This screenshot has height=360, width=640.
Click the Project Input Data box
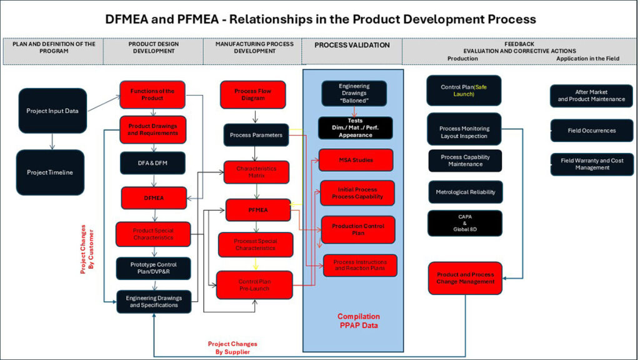tap(52, 111)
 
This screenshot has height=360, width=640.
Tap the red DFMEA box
tap(153, 197)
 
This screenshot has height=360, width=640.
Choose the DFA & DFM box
tap(152, 163)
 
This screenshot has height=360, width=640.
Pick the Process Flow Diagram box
tap(252, 95)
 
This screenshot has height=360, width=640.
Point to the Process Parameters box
tap(256, 134)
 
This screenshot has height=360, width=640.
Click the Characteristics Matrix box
tap(256, 172)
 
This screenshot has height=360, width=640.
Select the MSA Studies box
tap(356, 160)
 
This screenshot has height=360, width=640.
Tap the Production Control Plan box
tap(358, 229)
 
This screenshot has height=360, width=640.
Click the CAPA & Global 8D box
tap(465, 223)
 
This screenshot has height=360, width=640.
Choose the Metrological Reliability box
tap(465, 192)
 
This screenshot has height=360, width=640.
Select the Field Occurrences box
tap(591, 131)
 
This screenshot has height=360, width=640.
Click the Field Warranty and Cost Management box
tap(591, 164)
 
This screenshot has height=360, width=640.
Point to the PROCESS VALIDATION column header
tap(352, 45)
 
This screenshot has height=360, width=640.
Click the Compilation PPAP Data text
tap(358, 321)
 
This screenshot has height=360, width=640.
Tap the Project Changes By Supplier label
tap(232, 347)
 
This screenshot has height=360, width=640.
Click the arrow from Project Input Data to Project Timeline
tap(52, 141)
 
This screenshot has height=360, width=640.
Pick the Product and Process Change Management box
tap(465, 278)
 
